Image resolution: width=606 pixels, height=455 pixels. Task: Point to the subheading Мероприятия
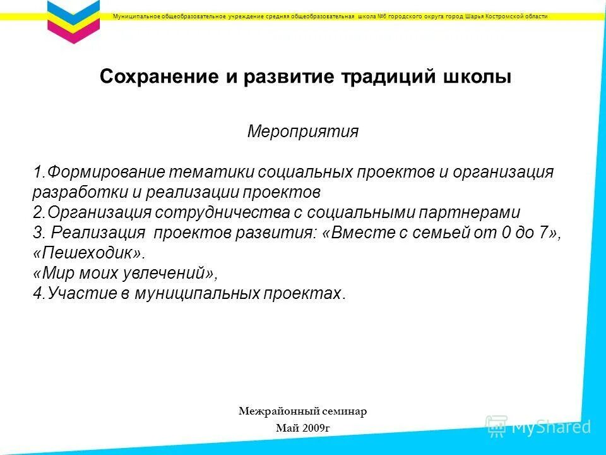click(x=303, y=131)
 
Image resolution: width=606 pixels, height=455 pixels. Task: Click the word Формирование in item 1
click(x=106, y=172)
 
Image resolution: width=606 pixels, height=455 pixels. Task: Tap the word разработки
click(x=81, y=192)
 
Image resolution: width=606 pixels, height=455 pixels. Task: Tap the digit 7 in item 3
click(x=543, y=233)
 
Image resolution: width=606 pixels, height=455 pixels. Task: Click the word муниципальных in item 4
click(x=206, y=293)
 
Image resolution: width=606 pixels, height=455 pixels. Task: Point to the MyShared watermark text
click(x=550, y=427)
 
